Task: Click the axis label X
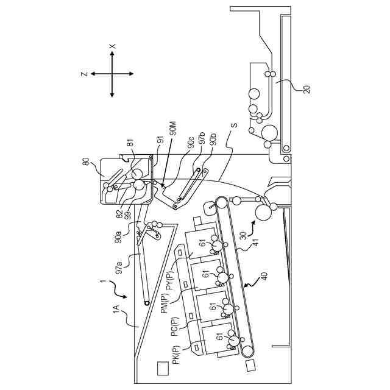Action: (x=112, y=46)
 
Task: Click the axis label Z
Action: (x=83, y=74)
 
